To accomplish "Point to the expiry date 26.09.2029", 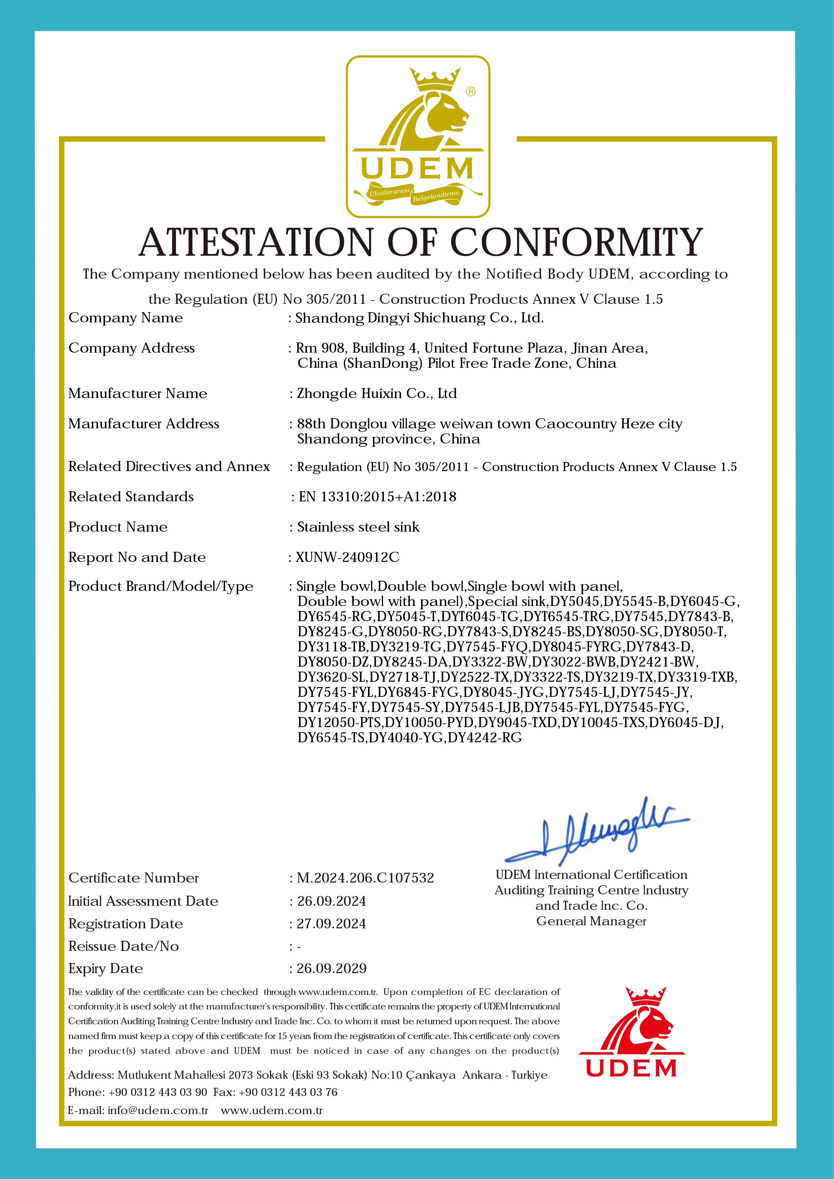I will click(332, 968).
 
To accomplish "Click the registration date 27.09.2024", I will click(331, 924).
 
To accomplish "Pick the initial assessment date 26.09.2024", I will click(331, 901).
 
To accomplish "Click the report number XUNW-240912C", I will click(348, 557).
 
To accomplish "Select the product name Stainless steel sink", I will click(358, 527).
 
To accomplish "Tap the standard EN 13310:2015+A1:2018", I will click(377, 497).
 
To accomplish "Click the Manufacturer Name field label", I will click(138, 393).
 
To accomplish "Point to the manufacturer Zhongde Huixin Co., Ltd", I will click(376, 393).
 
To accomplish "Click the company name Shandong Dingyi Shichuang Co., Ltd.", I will click(419, 318).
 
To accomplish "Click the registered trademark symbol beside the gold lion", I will click(470, 92).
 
